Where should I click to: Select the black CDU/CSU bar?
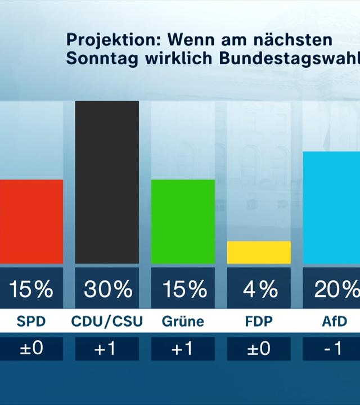click(107, 182)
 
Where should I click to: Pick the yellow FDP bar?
click(259, 253)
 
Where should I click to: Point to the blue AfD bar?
click(332, 208)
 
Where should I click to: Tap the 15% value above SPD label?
click(31, 289)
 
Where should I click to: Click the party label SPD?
click(31, 322)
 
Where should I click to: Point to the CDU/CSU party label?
click(107, 322)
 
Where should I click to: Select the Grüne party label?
click(183, 322)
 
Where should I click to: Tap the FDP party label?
click(259, 322)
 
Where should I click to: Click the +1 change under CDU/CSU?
click(107, 349)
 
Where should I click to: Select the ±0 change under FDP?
click(259, 349)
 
